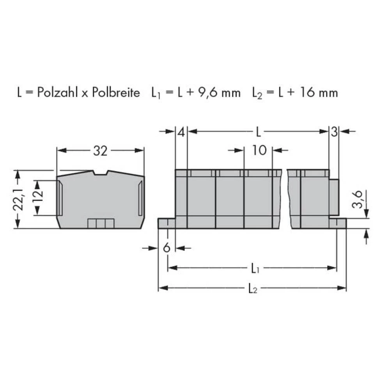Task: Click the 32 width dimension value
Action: click(x=100, y=151)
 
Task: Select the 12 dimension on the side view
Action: click(x=37, y=198)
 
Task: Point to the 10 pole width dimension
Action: click(x=258, y=150)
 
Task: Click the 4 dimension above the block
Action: click(x=181, y=132)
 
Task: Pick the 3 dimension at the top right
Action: click(x=334, y=132)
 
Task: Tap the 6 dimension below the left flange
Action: click(x=167, y=248)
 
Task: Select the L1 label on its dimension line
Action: click(x=254, y=268)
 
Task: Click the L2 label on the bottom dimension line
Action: click(x=253, y=288)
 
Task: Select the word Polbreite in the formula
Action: click(x=115, y=93)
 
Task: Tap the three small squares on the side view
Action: click(x=101, y=223)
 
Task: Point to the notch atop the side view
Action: click(x=100, y=173)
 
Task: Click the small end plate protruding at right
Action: click(x=334, y=197)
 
